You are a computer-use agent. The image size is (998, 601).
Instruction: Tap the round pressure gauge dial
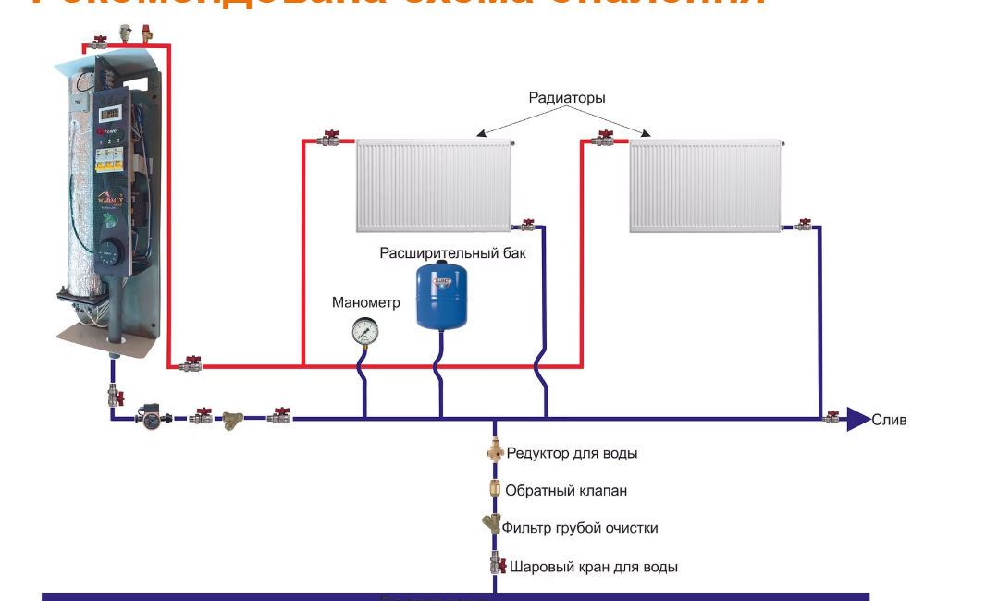tap(364, 331)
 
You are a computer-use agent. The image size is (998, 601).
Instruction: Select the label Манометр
tap(366, 302)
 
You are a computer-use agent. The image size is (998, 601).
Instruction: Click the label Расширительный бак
tap(453, 252)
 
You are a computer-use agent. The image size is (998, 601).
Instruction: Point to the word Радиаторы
tap(567, 97)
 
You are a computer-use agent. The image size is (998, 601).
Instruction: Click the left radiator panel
tap(433, 185)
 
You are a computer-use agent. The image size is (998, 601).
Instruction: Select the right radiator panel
tap(706, 185)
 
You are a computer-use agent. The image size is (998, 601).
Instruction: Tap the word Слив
tap(890, 420)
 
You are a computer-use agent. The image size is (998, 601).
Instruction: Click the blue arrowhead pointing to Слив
tap(858, 419)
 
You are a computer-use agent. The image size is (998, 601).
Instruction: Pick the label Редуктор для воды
tap(571, 453)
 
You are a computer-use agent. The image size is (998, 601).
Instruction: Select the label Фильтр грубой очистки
tap(580, 528)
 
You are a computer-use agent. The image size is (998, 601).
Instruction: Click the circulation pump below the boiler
tap(150, 417)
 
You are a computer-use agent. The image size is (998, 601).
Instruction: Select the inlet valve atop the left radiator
tap(329, 140)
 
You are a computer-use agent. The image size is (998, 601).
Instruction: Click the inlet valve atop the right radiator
tap(604, 140)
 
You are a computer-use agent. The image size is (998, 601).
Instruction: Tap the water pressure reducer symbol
tap(495, 453)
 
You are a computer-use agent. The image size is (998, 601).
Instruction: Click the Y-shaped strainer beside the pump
tap(230, 421)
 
